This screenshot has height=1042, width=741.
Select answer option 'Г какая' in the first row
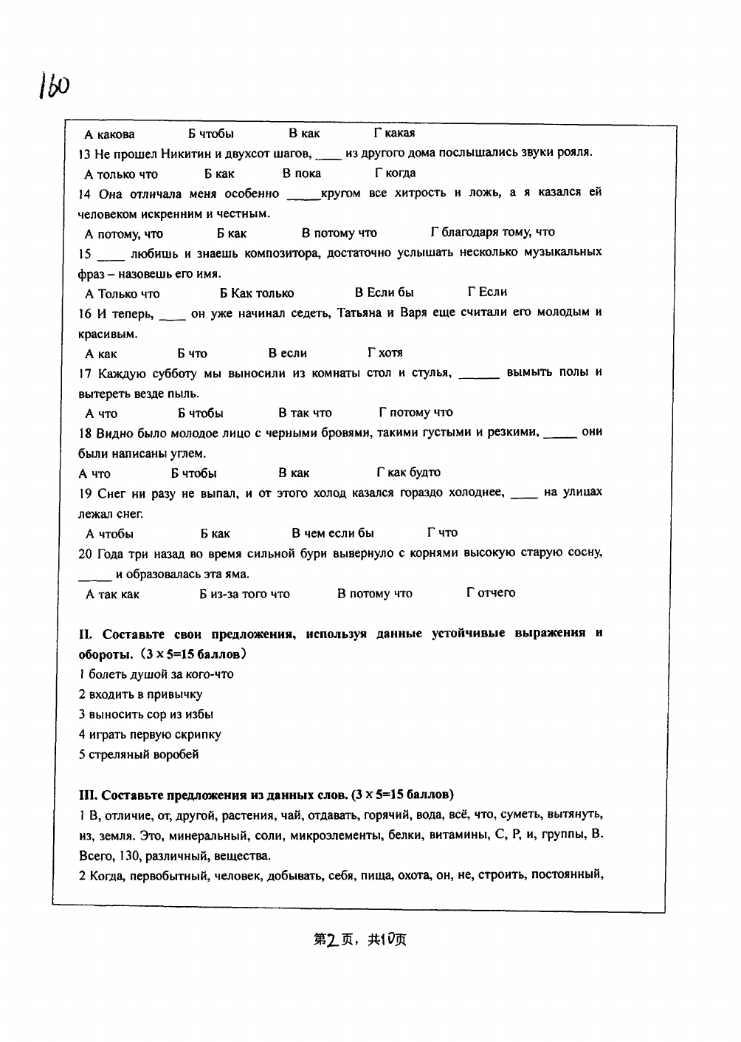pyautogui.click(x=394, y=134)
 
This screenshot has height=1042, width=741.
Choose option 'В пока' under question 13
pyautogui.click(x=301, y=174)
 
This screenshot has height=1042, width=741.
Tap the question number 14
pyautogui.click(x=84, y=193)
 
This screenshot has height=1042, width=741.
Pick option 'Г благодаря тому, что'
pyautogui.click(x=492, y=233)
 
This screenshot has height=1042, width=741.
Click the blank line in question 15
pyautogui.click(x=111, y=256)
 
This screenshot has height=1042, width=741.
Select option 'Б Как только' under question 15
pyautogui.click(x=257, y=293)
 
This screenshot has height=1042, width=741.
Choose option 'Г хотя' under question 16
pyautogui.click(x=385, y=353)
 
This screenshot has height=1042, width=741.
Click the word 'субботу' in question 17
pyautogui.click(x=162, y=373)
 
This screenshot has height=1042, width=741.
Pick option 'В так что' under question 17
pyautogui.click(x=305, y=413)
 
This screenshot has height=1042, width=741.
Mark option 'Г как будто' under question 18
pyautogui.click(x=408, y=473)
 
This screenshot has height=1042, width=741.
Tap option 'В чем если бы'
pyautogui.click(x=332, y=533)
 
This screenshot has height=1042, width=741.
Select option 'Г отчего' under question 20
pyautogui.click(x=491, y=593)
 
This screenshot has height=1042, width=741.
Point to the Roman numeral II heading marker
pyautogui.click(x=84, y=634)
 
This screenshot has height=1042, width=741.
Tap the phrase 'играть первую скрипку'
pyautogui.click(x=154, y=735)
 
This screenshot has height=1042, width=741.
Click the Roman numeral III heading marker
pyautogui.click(x=88, y=795)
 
